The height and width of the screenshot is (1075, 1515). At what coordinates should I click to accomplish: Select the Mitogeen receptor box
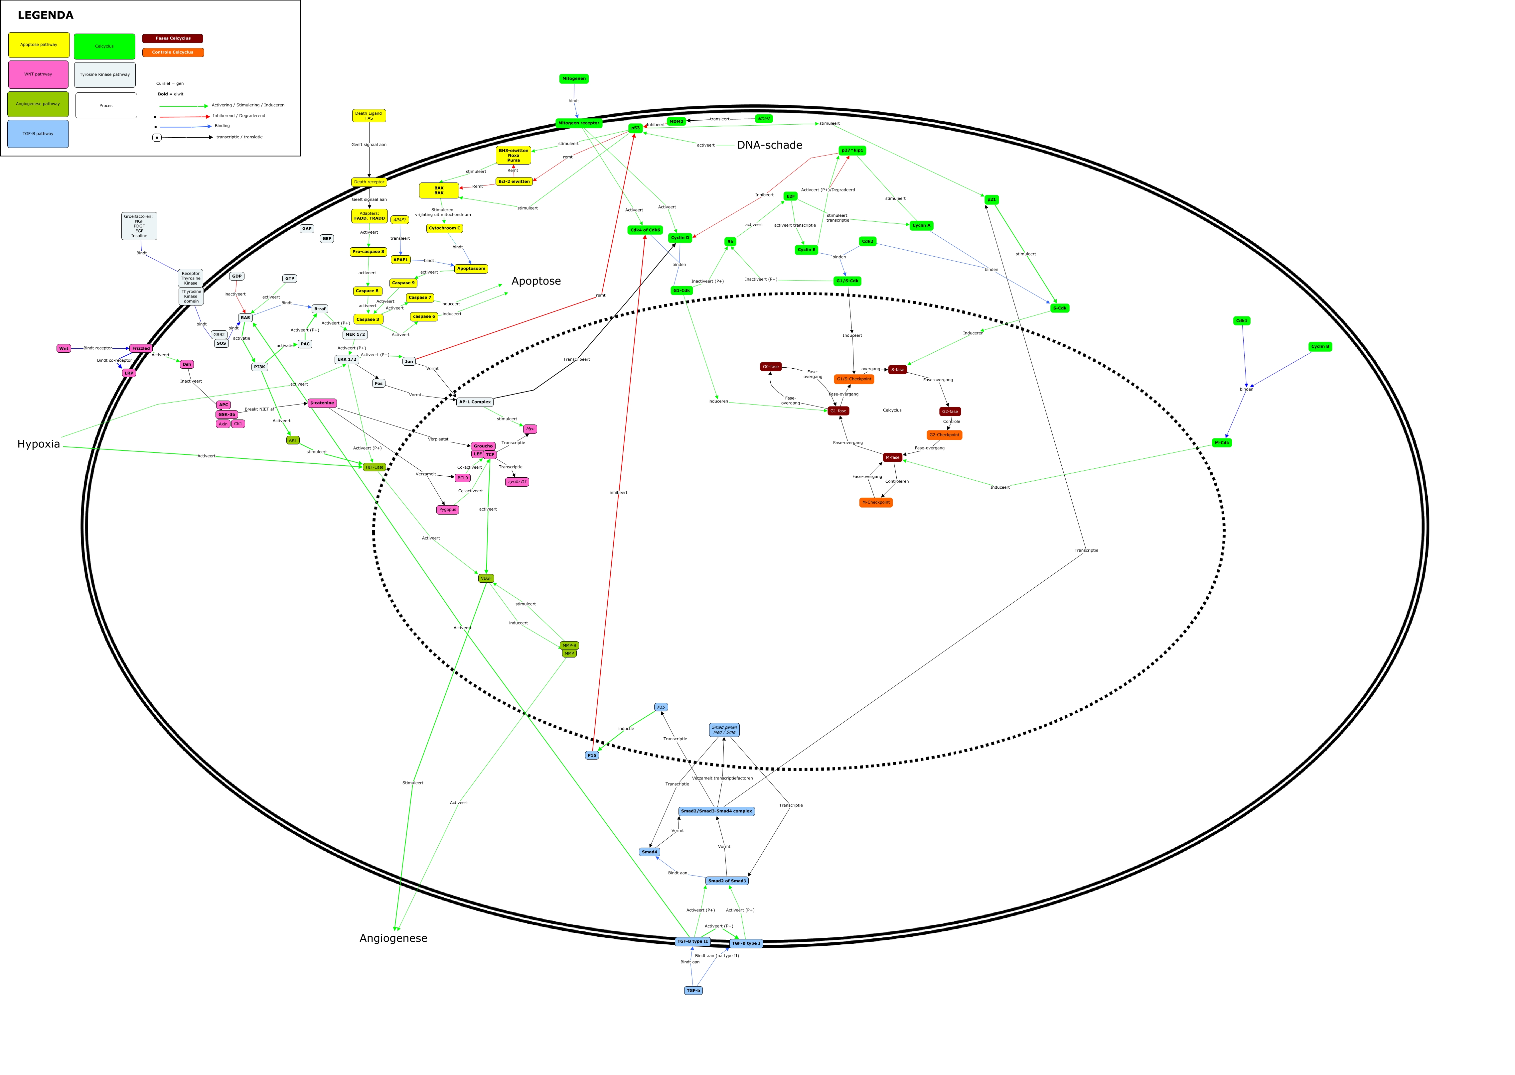tap(579, 123)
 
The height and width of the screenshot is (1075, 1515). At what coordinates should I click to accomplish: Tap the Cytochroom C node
tap(444, 228)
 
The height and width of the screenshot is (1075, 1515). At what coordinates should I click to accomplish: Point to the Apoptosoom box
tap(471, 269)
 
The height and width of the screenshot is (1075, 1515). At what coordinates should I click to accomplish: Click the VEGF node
tap(486, 578)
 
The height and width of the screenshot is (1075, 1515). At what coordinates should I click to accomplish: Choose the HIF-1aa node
tap(374, 467)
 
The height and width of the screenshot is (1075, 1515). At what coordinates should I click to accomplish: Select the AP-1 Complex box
tap(475, 402)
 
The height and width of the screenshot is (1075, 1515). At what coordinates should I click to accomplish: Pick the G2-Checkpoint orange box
tap(944, 435)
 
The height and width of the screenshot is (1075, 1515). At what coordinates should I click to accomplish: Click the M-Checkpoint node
tap(875, 502)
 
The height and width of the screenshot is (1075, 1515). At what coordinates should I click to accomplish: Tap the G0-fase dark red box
tap(770, 367)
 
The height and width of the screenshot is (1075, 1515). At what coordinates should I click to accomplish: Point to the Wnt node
tap(64, 348)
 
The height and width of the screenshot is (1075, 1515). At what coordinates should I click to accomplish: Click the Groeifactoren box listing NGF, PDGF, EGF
tap(139, 226)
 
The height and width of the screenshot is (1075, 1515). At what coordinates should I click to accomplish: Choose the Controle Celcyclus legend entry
tap(173, 52)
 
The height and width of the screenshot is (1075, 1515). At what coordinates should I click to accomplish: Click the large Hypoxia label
tap(38, 444)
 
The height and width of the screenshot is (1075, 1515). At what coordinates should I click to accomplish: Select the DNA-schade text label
tap(769, 145)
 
